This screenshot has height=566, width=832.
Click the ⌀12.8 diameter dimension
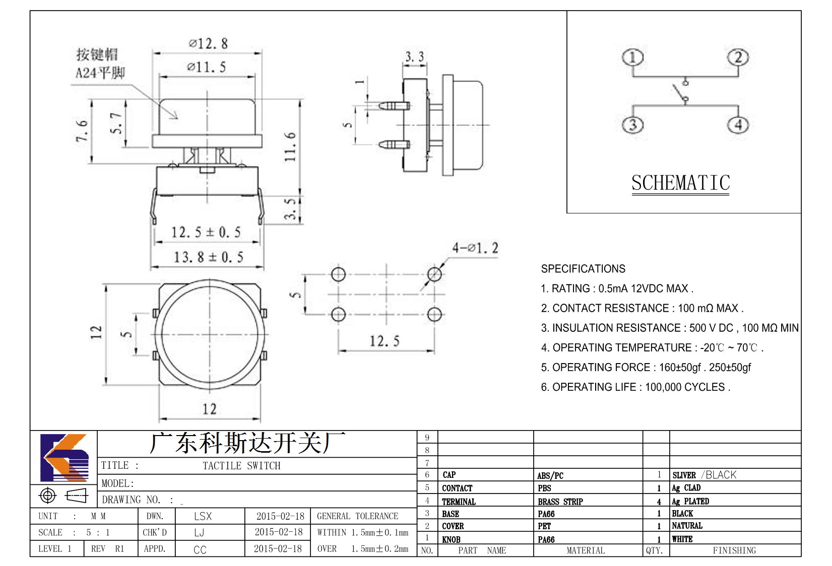tap(208, 43)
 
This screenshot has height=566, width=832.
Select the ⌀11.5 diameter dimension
tap(207, 67)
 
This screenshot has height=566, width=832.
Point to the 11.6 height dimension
tap(290, 147)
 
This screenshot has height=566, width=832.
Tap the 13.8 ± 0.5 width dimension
tap(208, 257)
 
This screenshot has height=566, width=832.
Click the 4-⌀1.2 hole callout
tap(475, 248)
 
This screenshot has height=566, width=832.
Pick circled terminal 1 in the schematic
tap(632, 57)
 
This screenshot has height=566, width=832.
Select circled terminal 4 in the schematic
tap(738, 124)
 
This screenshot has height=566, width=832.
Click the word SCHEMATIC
tap(681, 183)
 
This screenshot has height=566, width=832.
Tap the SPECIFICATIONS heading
tap(583, 269)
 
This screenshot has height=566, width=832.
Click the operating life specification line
tap(635, 387)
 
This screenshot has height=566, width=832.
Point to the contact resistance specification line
tap(642, 308)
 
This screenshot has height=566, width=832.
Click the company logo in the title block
tap(65, 457)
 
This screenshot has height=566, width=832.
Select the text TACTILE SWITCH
tap(241, 465)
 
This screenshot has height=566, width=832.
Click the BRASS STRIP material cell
tap(560, 502)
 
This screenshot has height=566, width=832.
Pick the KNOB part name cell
tap(451, 539)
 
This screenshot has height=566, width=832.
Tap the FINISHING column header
tap(734, 550)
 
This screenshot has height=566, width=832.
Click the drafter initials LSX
tap(203, 516)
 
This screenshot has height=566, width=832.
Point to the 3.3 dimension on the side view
tap(414, 57)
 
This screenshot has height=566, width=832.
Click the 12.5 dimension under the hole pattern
tap(385, 341)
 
